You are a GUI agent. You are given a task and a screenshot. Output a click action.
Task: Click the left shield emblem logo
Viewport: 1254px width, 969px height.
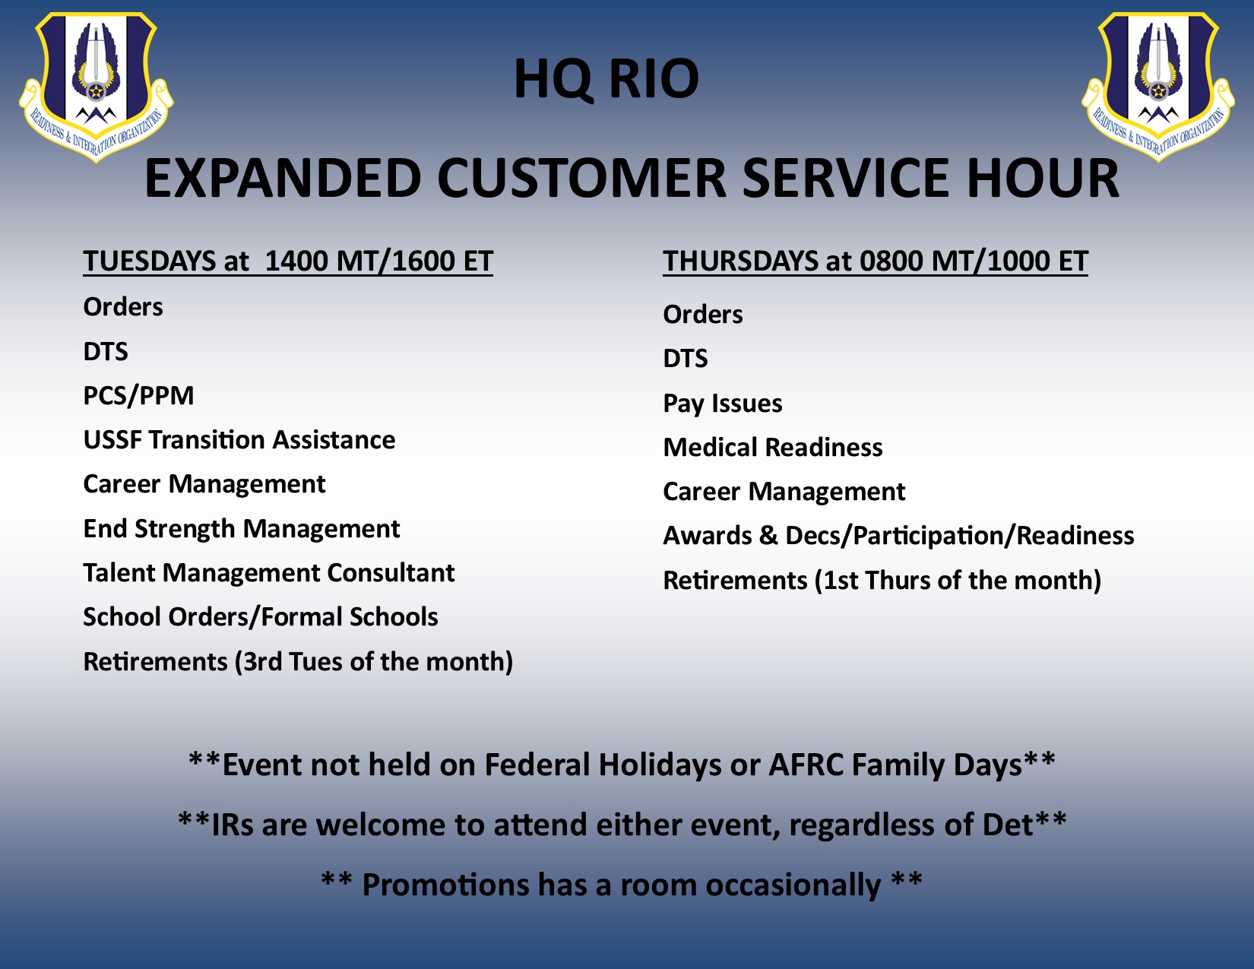[x=96, y=87]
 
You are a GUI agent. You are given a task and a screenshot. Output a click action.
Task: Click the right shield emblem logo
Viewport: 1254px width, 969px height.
[x=1158, y=87]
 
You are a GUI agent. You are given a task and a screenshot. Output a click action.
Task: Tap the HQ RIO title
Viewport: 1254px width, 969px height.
[x=606, y=79]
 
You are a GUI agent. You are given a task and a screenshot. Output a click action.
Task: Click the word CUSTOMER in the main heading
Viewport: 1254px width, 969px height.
[x=581, y=178]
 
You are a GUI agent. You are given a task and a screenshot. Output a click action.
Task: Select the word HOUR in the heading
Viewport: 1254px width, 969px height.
[x=1043, y=178]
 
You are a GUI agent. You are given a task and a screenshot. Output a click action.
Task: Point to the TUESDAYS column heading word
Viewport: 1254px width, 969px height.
[x=150, y=261]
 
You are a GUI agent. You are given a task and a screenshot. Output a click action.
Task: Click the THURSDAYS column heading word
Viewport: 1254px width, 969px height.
[x=740, y=261]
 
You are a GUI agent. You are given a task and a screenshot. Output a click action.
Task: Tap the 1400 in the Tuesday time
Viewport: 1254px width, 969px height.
[x=296, y=261]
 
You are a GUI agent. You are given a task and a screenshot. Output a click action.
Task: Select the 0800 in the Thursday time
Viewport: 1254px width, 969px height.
[x=891, y=261]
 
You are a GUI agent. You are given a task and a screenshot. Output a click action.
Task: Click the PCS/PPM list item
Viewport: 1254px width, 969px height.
[x=138, y=396]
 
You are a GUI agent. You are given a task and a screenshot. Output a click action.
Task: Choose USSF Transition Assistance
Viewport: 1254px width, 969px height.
[x=239, y=440]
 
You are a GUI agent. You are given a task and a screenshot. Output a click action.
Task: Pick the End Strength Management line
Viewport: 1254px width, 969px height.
[x=242, y=529]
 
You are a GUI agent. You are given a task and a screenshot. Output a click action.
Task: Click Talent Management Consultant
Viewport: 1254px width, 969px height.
[x=269, y=573]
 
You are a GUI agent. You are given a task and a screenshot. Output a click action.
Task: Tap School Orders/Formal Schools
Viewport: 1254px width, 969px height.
[x=261, y=617]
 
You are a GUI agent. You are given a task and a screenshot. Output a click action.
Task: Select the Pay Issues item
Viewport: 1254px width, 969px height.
[x=723, y=404]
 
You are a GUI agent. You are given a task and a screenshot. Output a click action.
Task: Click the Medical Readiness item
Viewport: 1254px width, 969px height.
[x=773, y=448]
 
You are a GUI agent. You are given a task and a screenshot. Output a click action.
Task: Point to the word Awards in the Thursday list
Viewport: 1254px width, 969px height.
[x=708, y=536]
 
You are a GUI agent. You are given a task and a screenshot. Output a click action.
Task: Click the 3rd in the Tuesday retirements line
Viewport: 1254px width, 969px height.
[x=262, y=662]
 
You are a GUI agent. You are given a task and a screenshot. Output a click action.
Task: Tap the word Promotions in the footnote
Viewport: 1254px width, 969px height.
[x=445, y=885]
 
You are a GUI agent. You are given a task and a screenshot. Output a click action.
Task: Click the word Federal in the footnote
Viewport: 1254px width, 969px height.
[x=536, y=765]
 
